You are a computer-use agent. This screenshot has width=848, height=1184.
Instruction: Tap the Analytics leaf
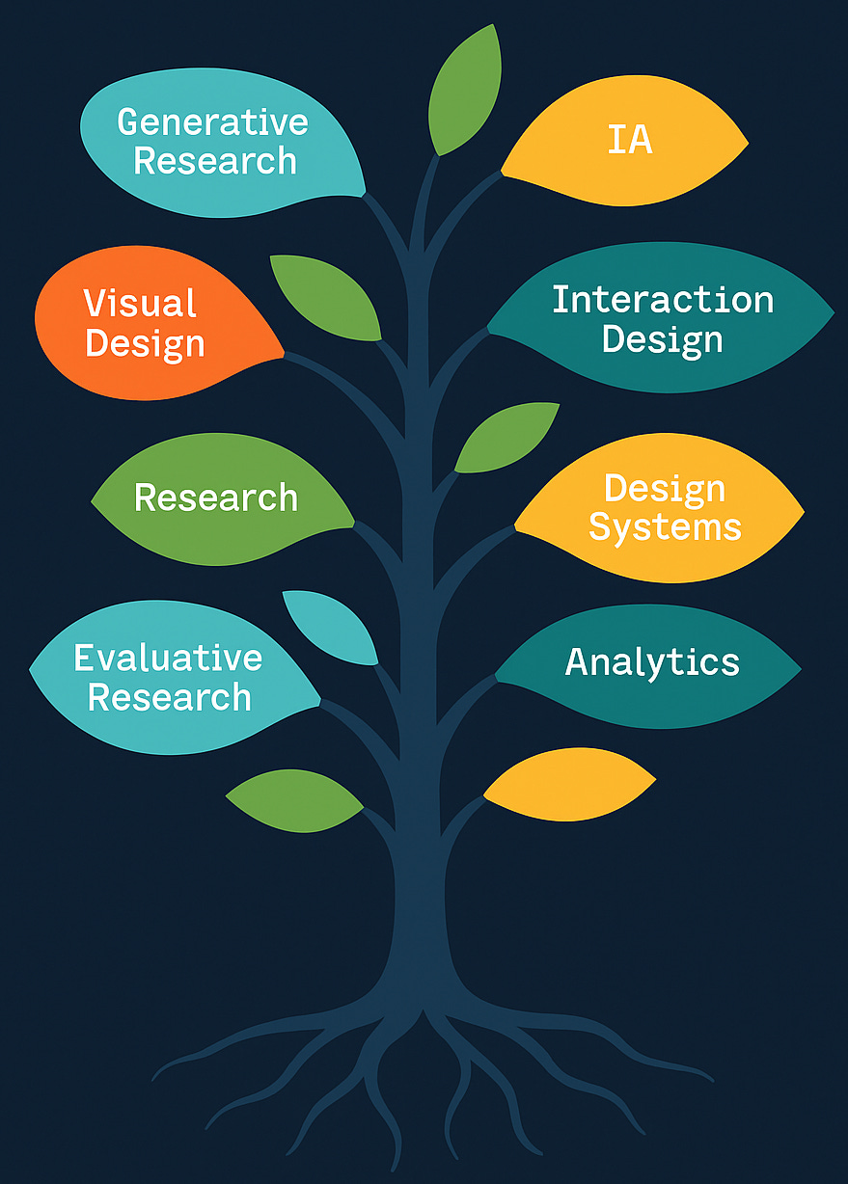(651, 662)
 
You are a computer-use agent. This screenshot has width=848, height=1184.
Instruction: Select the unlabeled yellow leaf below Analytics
(569, 784)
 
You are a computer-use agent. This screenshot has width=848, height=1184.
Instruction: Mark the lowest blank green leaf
(293, 800)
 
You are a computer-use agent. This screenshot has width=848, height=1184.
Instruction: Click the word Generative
(212, 122)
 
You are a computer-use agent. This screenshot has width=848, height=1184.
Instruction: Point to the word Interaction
(663, 300)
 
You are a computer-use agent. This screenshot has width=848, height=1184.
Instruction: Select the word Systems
(665, 527)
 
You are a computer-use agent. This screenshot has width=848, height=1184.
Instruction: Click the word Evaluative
(169, 658)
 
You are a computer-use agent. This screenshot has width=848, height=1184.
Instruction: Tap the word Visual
(141, 304)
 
